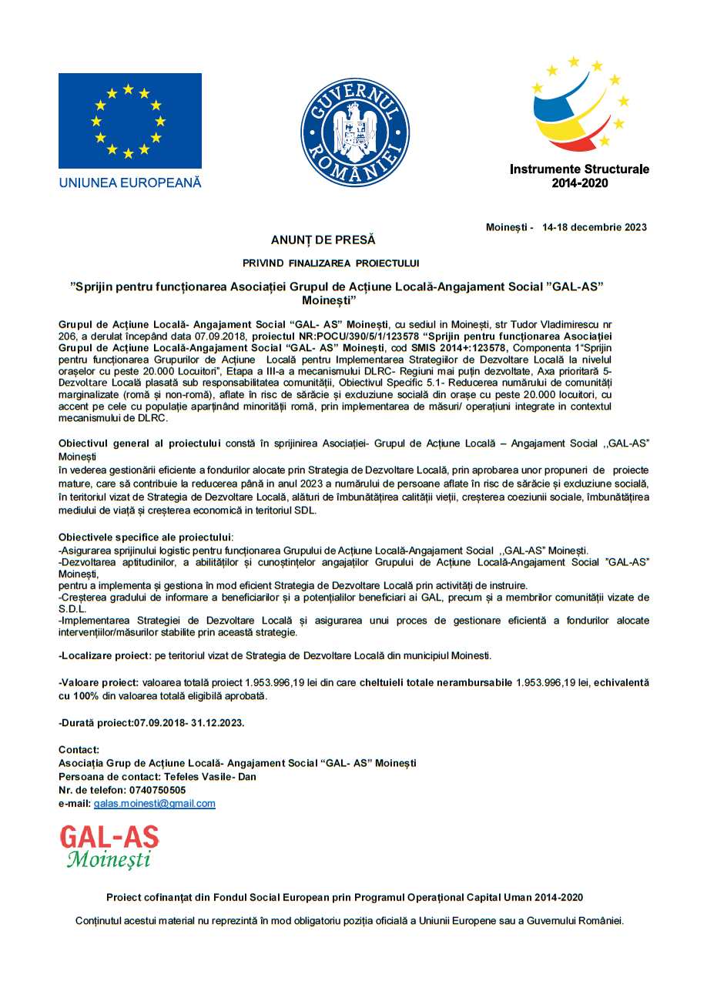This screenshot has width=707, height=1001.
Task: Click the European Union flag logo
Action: pyautogui.click(x=129, y=121)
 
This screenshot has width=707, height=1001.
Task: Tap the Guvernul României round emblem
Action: pyautogui.click(x=354, y=132)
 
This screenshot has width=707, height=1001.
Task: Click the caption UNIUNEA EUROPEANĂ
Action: pyautogui.click(x=129, y=183)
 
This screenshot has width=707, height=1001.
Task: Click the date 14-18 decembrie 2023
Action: pyautogui.click(x=595, y=227)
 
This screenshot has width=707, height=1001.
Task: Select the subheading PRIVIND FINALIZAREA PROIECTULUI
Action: pyautogui.click(x=330, y=263)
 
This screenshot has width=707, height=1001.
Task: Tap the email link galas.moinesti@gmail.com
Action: pyautogui.click(x=155, y=804)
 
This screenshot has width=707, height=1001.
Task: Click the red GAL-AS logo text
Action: pyautogui.click(x=109, y=838)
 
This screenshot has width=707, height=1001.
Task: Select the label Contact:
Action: pyautogui.click(x=79, y=750)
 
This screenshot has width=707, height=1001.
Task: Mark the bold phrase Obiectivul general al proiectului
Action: pyautogui.click(x=140, y=444)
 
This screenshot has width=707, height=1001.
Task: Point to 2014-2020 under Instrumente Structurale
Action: pyautogui.click(x=579, y=183)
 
